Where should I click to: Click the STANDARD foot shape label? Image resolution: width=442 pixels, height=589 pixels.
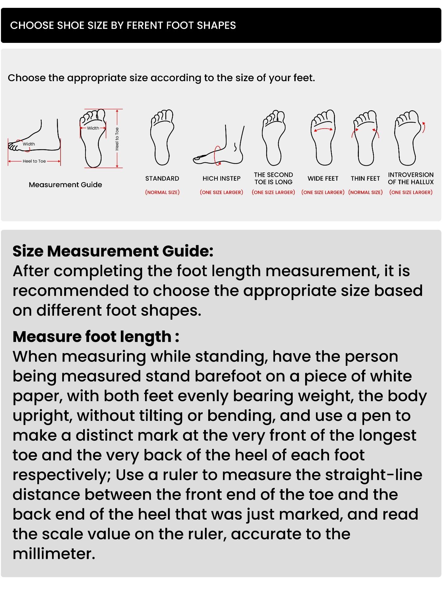162,178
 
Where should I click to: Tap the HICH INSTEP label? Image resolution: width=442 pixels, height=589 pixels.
221,178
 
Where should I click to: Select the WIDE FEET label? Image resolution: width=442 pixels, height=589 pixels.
323,178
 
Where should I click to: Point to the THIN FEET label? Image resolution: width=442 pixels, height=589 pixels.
365,178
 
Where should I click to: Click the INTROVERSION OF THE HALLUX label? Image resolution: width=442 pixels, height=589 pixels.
411,178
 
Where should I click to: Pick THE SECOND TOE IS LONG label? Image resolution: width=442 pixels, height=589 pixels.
273,178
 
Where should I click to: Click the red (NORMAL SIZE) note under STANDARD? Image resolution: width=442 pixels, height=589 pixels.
162,192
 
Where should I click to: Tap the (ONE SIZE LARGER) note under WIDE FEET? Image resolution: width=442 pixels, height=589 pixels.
323,192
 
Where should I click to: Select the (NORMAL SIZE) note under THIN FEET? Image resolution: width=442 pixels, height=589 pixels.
365,192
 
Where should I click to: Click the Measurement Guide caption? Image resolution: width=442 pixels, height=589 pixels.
65,185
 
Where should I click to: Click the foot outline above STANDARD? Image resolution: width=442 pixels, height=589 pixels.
162,137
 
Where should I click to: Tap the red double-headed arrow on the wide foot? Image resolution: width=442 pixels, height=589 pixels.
323,130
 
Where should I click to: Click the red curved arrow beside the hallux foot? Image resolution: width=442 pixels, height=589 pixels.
424,127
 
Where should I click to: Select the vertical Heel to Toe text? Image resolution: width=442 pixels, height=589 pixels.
117,139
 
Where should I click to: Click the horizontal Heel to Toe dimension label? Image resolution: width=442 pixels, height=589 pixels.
34,161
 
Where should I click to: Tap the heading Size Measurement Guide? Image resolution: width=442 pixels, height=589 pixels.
113,251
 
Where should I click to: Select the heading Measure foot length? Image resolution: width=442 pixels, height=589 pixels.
96,337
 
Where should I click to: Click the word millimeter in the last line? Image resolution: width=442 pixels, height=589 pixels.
54,554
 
